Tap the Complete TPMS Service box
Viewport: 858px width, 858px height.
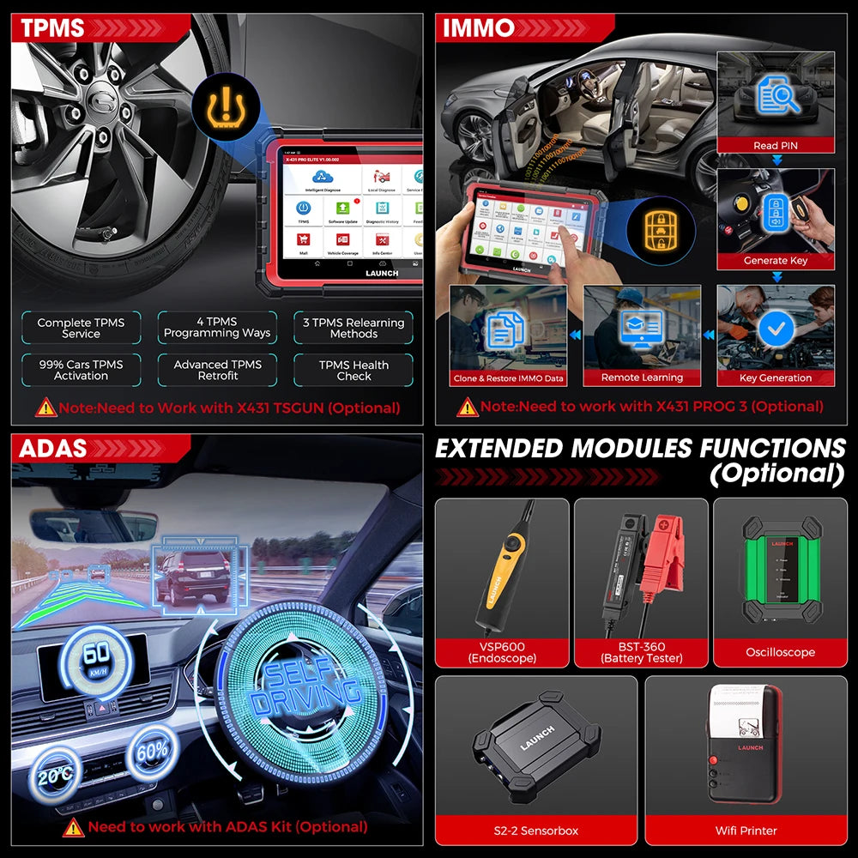coord(81,328)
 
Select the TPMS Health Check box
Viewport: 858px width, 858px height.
coord(353,370)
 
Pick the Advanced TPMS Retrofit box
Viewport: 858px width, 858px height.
coord(217,370)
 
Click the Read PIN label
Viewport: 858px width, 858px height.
coord(776,146)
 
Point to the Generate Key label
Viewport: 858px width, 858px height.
coord(776,261)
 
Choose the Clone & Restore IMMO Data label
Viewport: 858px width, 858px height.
coord(508,378)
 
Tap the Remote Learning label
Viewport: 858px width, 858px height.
coord(642,378)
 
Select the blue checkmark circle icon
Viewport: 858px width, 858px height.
coord(776,328)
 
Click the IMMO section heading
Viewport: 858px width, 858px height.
coord(479,27)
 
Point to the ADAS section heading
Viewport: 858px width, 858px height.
coord(53,448)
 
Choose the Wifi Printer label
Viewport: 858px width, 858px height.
coord(746,831)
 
